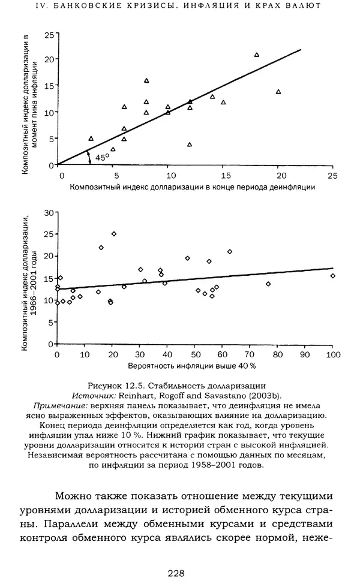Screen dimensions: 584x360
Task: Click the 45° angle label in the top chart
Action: [x=103, y=157]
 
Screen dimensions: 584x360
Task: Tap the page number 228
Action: [x=176, y=573]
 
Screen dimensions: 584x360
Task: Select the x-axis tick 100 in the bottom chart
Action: [x=332, y=354]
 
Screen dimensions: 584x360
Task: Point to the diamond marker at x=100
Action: [x=333, y=276]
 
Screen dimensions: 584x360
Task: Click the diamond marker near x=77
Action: [x=268, y=284]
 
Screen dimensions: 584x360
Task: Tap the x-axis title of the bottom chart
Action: [x=191, y=365]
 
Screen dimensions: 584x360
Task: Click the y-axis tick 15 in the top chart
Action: [x=49, y=86]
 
